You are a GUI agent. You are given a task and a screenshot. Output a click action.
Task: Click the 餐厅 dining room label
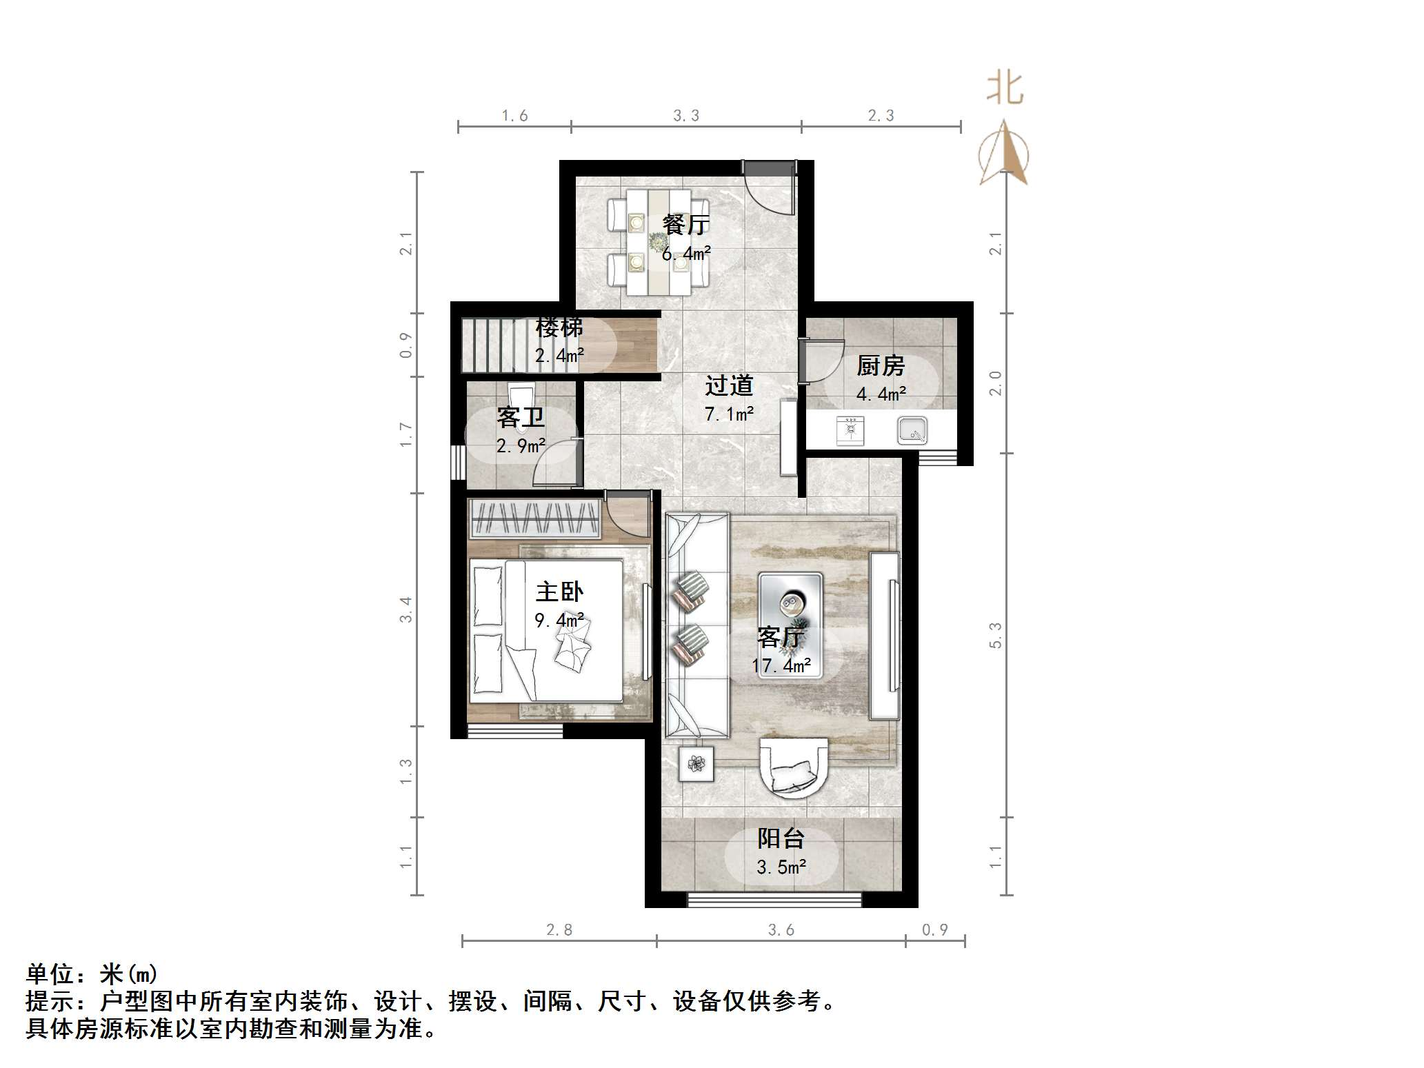[x=685, y=225]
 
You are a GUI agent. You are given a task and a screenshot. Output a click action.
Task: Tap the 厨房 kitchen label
[x=881, y=365]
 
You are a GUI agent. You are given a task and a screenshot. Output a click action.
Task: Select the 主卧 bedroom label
[x=559, y=592]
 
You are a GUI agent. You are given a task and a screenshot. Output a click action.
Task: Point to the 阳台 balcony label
[x=781, y=838]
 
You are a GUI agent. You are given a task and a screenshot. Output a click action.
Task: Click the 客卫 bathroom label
[x=521, y=417]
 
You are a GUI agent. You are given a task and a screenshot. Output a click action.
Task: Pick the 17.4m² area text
[x=781, y=666]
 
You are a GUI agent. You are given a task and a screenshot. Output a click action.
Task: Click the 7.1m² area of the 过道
[x=729, y=414]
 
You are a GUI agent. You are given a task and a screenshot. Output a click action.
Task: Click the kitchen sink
[x=912, y=432]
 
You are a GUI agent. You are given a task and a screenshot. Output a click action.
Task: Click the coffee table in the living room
[x=790, y=624]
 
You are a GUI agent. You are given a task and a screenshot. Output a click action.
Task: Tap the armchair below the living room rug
[x=793, y=767]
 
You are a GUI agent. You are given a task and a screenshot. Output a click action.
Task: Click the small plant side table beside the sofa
[x=696, y=764]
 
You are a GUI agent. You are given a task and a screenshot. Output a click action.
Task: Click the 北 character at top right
[x=1005, y=89]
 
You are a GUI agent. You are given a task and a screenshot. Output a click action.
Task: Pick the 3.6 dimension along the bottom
[x=781, y=930]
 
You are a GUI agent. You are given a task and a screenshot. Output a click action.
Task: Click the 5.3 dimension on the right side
[x=995, y=635]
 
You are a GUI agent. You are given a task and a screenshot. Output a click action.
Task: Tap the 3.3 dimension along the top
[x=686, y=116]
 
